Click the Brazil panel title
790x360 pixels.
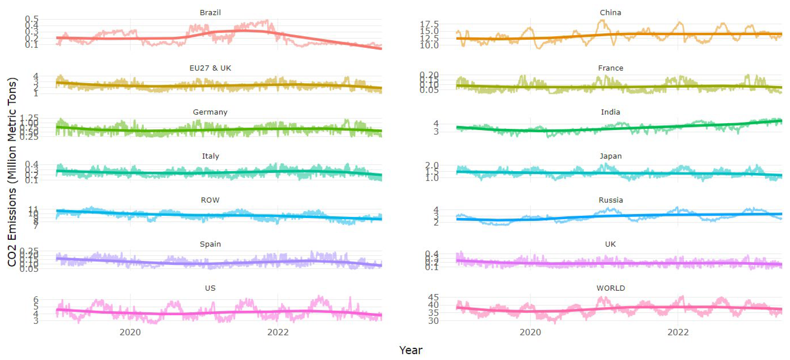point(210,13)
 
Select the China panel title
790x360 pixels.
point(610,13)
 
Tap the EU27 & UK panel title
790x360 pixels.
point(210,68)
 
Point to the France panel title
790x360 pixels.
point(610,68)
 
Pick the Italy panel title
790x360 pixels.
point(210,156)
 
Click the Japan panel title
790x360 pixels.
point(610,156)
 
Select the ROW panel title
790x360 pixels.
point(210,200)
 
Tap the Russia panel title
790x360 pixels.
point(610,200)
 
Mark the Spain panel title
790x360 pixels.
point(210,244)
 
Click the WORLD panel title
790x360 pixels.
point(610,288)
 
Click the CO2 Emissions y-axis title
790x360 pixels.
point(12,172)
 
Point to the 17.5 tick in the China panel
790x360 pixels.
point(429,24)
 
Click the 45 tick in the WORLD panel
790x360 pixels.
point(433,297)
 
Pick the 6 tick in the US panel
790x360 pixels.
point(36,299)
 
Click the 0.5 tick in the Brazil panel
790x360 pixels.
point(32,19)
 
